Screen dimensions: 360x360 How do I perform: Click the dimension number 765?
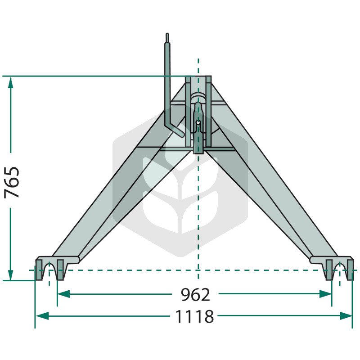pos(12,183)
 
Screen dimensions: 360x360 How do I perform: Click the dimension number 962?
pos(195,295)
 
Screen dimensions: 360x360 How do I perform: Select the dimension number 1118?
pos(194,316)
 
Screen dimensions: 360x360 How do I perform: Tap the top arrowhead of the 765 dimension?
pos(10,83)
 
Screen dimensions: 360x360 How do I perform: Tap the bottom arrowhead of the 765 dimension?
pos(10,275)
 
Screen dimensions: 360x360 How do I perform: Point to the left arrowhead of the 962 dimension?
pos(63,294)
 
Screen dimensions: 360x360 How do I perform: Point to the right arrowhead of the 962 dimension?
pos(325,294)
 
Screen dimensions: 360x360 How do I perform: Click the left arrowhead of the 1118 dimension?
pos(42,316)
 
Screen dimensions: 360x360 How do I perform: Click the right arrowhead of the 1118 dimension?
pos(346,316)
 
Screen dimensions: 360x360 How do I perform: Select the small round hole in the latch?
pos(198,122)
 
